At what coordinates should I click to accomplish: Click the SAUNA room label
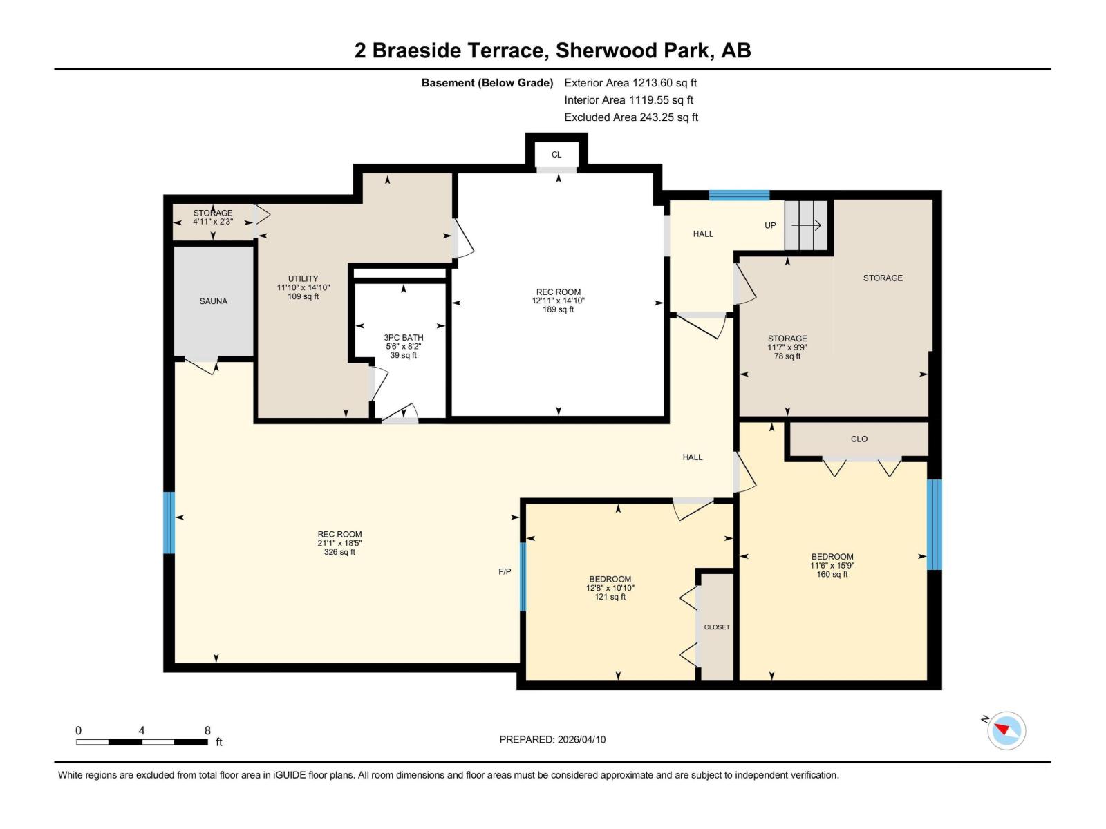pyautogui.click(x=213, y=301)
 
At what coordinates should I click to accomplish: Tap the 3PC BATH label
pyautogui.click(x=403, y=338)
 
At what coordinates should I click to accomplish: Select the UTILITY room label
pyautogui.click(x=303, y=279)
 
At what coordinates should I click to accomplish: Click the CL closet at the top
pyautogui.click(x=556, y=155)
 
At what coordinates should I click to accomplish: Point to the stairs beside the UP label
pyautogui.click(x=806, y=225)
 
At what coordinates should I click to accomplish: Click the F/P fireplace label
pyautogui.click(x=505, y=571)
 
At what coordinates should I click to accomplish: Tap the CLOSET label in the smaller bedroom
pyautogui.click(x=717, y=627)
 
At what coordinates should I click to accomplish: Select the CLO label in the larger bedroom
pyautogui.click(x=859, y=439)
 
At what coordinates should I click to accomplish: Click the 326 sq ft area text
pyautogui.click(x=339, y=552)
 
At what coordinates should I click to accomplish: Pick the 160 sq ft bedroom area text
pyautogui.click(x=832, y=574)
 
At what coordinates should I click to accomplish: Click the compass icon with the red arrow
pyautogui.click(x=1006, y=730)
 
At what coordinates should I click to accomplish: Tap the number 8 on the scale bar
pyautogui.click(x=207, y=730)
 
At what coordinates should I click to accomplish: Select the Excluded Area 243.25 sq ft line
pyautogui.click(x=630, y=117)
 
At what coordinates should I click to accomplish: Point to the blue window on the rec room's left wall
pyautogui.click(x=169, y=522)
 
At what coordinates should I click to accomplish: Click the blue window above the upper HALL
pyautogui.click(x=739, y=196)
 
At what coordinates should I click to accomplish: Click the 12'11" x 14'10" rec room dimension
pyautogui.click(x=558, y=301)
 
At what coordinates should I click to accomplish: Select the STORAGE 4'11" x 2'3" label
pyautogui.click(x=213, y=218)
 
